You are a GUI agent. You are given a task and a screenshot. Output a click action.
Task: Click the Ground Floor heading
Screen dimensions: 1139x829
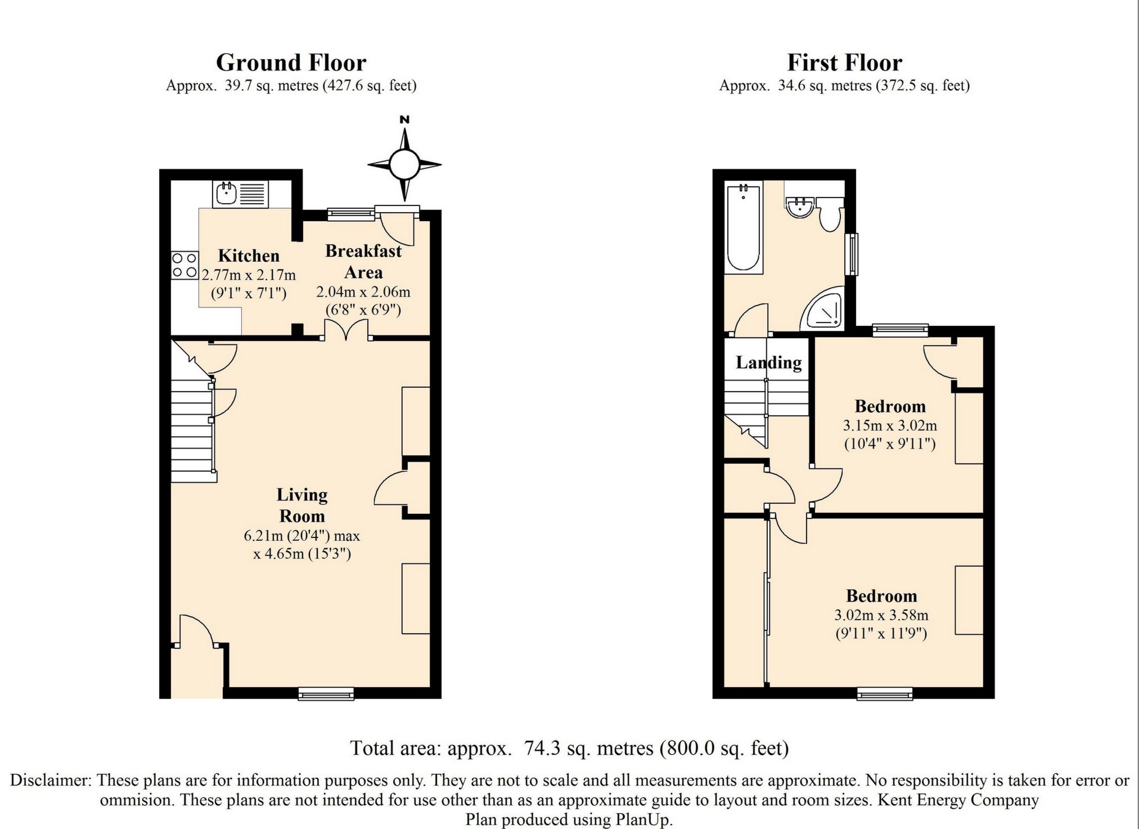pyautogui.click(x=291, y=62)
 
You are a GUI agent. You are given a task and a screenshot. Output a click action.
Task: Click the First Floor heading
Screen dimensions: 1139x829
pyautogui.click(x=844, y=62)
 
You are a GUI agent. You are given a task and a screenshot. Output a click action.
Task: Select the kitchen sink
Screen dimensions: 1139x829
pyautogui.click(x=241, y=194)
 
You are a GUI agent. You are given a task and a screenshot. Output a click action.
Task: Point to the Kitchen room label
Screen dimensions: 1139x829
pyautogui.click(x=249, y=256)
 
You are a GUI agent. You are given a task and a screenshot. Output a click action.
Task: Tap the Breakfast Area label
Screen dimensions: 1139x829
pyautogui.click(x=363, y=261)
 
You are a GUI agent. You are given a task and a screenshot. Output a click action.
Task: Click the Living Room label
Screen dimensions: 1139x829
pyautogui.click(x=302, y=505)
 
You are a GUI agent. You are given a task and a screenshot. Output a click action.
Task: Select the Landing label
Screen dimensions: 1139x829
pyautogui.click(x=769, y=362)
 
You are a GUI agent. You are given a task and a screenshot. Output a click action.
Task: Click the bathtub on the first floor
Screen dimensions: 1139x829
pyautogui.click(x=744, y=227)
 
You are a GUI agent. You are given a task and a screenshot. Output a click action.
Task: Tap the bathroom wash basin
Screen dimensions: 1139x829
pyautogui.click(x=800, y=207)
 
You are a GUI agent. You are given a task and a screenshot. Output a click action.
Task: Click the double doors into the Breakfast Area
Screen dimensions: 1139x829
pyautogui.click(x=347, y=330)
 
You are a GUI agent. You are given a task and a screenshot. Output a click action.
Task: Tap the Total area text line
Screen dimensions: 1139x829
pyautogui.click(x=569, y=748)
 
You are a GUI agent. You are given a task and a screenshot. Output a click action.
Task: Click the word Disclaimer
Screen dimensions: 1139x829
pyautogui.click(x=51, y=780)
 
